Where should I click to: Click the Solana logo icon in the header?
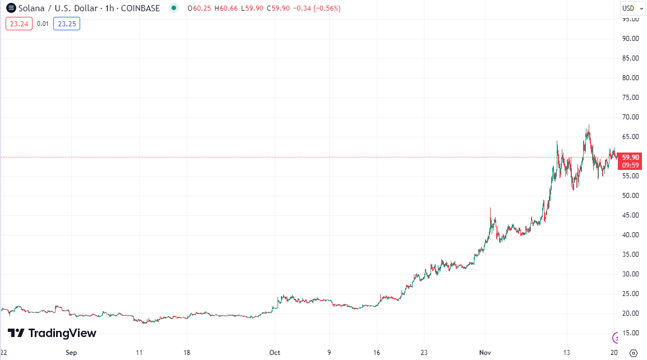pyautogui.click(x=11, y=8)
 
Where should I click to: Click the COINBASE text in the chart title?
pyautogui.click(x=140, y=8)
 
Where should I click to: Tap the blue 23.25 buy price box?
pyautogui.click(x=67, y=24)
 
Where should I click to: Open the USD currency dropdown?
pyautogui.click(x=631, y=8)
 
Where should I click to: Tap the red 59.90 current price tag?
pyautogui.click(x=631, y=158)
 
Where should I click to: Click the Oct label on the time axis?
pyautogui.click(x=275, y=353)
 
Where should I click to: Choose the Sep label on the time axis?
pyautogui.click(x=71, y=353)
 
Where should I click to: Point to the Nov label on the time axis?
pyautogui.click(x=486, y=353)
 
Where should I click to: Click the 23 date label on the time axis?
pyautogui.click(x=424, y=353)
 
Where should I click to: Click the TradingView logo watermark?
pyautogui.click(x=52, y=333)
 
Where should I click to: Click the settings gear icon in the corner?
pyautogui.click(x=634, y=353)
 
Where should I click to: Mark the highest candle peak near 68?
pyautogui.click(x=589, y=126)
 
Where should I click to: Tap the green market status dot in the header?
pyautogui.click(x=174, y=8)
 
